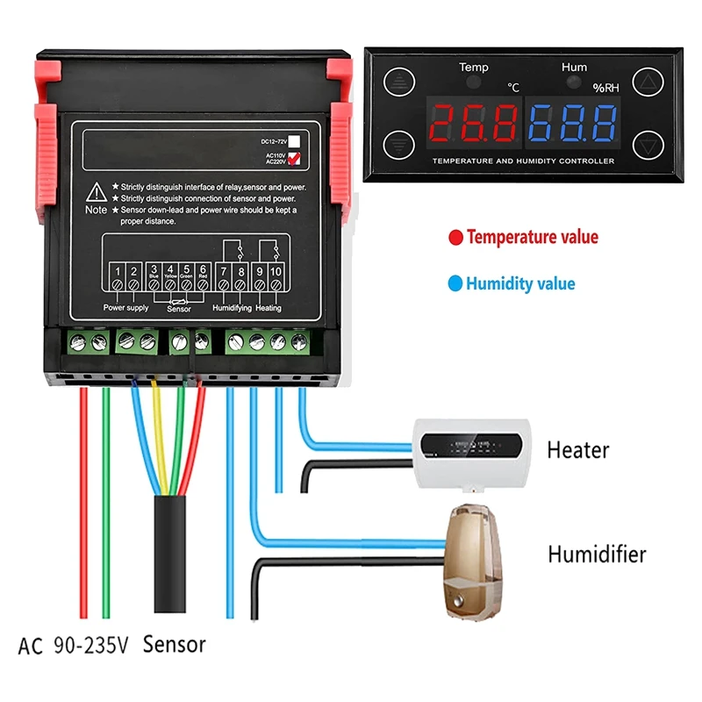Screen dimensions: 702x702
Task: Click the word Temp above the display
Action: (474, 68)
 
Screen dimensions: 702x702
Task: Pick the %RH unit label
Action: (605, 88)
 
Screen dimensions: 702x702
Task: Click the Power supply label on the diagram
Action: (126, 308)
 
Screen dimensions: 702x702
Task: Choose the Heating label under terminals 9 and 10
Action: (269, 308)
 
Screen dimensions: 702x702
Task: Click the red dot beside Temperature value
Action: (455, 237)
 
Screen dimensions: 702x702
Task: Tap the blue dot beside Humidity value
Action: (455, 283)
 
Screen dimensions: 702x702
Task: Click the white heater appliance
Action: (469, 449)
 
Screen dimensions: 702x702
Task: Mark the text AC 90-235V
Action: (74, 646)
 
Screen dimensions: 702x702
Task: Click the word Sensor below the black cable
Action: (175, 645)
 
